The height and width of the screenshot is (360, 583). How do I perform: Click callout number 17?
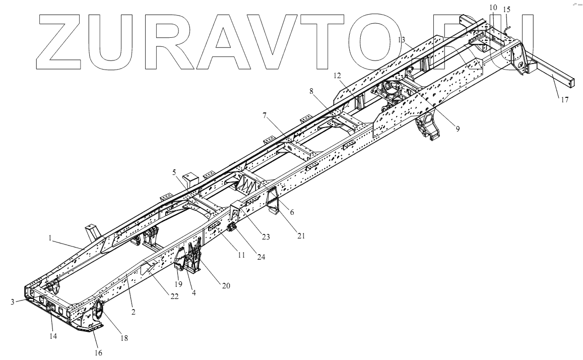(x=564, y=100)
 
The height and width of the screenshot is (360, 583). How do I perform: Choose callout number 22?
(x=174, y=296)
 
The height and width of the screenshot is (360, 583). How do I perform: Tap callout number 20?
(x=226, y=285)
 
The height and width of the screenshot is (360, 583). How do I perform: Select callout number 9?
(x=458, y=129)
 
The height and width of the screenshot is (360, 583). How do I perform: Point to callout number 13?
(x=401, y=39)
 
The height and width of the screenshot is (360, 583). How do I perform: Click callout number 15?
(x=506, y=9)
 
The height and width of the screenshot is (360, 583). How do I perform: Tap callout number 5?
(x=174, y=172)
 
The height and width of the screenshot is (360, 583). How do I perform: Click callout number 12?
(x=337, y=76)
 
